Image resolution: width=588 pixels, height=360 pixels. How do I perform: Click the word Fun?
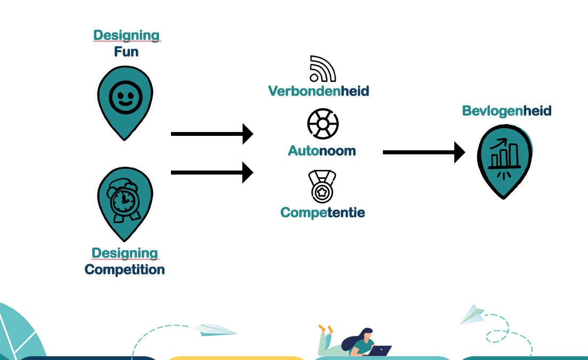pyautogui.click(x=126, y=52)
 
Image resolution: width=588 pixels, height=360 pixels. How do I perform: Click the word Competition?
pyautogui.click(x=125, y=269)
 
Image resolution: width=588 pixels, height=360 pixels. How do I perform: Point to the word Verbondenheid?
pyautogui.click(x=318, y=91)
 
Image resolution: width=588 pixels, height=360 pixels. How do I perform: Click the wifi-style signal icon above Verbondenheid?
pyautogui.click(x=322, y=69)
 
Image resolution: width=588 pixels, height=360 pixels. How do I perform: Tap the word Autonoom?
pyautogui.click(x=322, y=151)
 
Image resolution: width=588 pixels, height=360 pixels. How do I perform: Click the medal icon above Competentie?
pyautogui.click(x=322, y=186)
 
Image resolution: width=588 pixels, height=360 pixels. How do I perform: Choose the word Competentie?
pyautogui.click(x=322, y=212)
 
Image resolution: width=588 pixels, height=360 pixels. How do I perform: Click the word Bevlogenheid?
pyautogui.click(x=507, y=111)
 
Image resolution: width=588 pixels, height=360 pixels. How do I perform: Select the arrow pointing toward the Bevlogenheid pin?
pyautogui.click(x=423, y=152)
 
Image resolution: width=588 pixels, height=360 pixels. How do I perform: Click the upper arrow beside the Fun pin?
pyautogui.click(x=211, y=134)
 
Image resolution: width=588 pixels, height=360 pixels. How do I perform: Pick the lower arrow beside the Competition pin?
pyautogui.click(x=211, y=172)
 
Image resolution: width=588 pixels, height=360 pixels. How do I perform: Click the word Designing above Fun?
pyautogui.click(x=126, y=36)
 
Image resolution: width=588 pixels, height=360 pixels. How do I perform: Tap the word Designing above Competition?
pyautogui.click(x=125, y=253)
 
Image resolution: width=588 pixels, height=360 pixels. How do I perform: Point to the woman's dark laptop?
pyautogui.click(x=380, y=351)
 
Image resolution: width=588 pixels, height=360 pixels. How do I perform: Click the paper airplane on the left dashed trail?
pyautogui.click(x=215, y=330)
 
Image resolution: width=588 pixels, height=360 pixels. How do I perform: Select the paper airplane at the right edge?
pyautogui.click(x=472, y=314)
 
